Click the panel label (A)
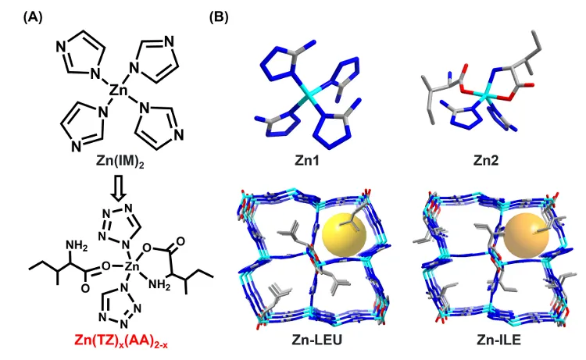tap(33, 17)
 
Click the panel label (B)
tap(219, 17)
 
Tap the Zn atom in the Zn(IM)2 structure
tap(119, 91)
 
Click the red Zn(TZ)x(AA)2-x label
tap(121, 340)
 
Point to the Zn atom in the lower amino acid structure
tap(131, 266)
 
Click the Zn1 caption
tap(306, 160)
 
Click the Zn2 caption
tap(486, 160)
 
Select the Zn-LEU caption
tap(317, 340)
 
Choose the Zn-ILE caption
tap(499, 340)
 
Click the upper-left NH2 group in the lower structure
tap(77, 246)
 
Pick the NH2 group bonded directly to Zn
tap(159, 285)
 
